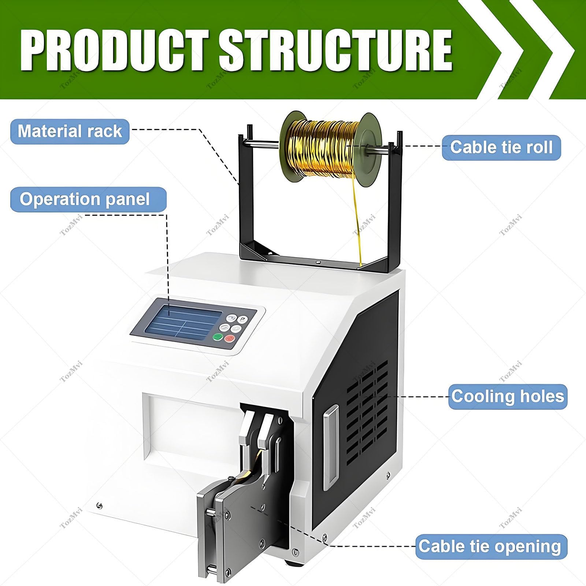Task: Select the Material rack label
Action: click(70, 131)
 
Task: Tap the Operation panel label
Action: click(88, 199)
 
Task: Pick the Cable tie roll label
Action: click(501, 147)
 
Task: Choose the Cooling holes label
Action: click(508, 396)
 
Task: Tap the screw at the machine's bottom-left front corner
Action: click(99, 506)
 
